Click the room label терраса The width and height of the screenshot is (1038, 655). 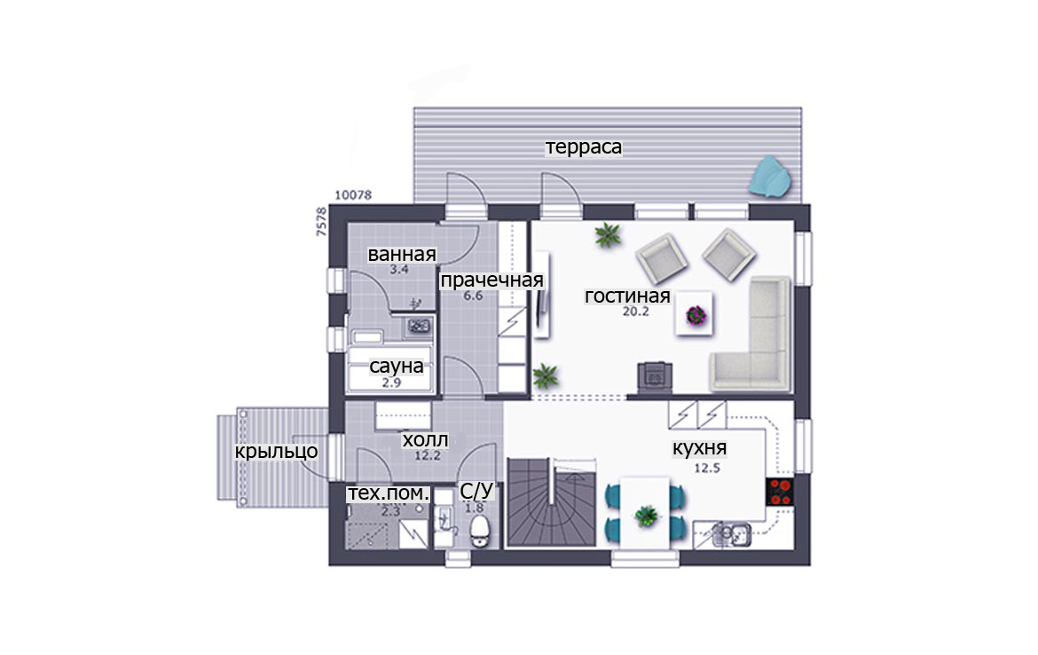tap(583, 147)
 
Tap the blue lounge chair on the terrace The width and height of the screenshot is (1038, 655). tap(770, 178)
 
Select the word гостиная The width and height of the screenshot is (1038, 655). tap(627, 296)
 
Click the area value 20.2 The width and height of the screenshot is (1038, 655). tap(635, 312)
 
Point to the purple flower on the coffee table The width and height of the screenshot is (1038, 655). tap(696, 315)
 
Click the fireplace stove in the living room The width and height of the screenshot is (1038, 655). tap(655, 377)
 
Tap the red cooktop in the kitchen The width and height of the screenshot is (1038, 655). tap(780, 492)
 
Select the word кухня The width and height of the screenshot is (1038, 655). tap(700, 448)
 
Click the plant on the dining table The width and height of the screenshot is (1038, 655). tap(646, 515)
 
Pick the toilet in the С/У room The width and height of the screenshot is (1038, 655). tap(478, 531)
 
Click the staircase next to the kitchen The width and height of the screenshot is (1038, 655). tap(551, 502)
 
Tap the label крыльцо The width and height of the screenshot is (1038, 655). tap(276, 452)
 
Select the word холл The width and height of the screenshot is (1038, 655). tap(425, 439)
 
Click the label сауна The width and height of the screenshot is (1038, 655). tap(396, 366)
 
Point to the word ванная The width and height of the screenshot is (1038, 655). tap(402, 255)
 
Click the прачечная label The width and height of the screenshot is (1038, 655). tap(491, 280)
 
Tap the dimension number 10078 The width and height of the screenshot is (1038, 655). tap(353, 195)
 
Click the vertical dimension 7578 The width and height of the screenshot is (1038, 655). tap(321, 222)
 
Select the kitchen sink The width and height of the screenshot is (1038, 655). tap(732, 533)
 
